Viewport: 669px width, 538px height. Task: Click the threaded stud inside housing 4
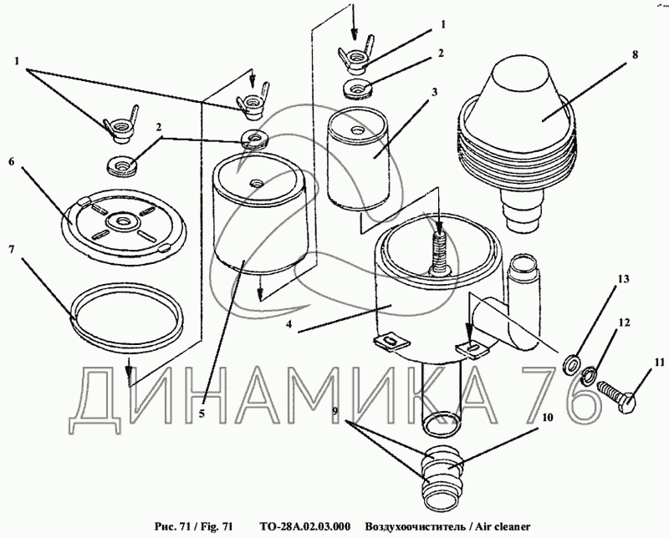coord(438,246)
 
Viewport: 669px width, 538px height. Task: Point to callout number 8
coord(635,55)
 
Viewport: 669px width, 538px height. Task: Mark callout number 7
coord(11,250)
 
